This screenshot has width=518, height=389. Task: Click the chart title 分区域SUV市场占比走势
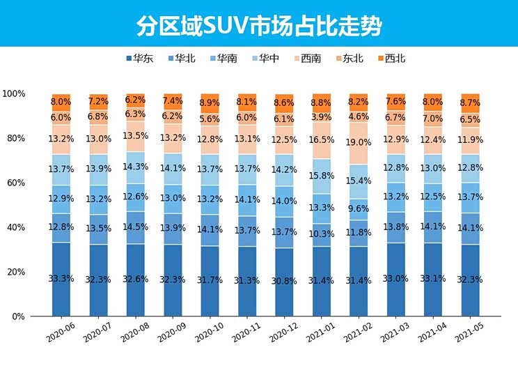(259, 26)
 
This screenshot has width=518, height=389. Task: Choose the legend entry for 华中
(265, 59)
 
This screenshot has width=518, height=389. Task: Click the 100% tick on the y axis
(14, 93)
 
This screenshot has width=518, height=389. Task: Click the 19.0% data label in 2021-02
(359, 142)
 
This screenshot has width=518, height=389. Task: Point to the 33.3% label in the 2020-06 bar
(61, 279)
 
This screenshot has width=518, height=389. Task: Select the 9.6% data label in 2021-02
(359, 208)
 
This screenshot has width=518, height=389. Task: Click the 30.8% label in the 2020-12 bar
(284, 281)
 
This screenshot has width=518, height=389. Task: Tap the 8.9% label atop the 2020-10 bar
(210, 103)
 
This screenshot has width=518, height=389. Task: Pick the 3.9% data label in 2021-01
(322, 117)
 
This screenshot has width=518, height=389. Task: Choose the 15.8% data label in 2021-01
(322, 175)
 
